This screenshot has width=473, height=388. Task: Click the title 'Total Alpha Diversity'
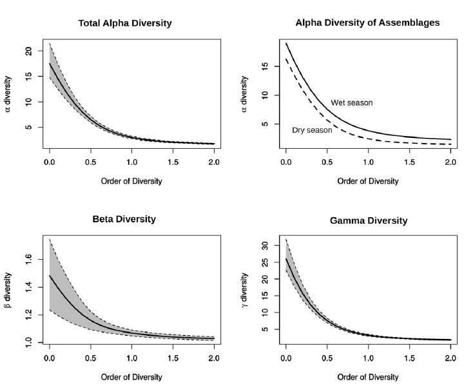click(125, 23)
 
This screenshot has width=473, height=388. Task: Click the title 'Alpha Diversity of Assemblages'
click(367, 23)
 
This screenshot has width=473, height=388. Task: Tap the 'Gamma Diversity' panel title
click(368, 220)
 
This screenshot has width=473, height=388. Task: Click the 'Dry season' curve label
click(312, 130)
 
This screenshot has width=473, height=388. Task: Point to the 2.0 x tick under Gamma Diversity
click(450, 358)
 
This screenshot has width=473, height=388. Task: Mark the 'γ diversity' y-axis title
click(246, 291)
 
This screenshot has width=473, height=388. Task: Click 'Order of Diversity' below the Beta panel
click(131, 376)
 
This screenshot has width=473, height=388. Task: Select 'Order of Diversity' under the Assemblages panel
click(368, 181)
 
